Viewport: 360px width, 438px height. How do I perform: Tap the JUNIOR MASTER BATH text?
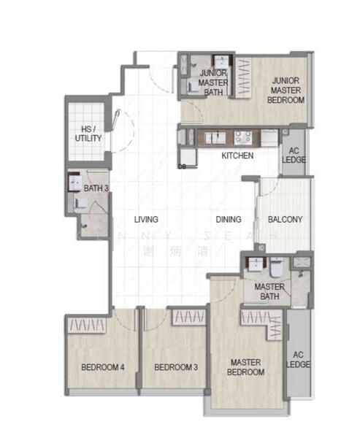coord(213,82)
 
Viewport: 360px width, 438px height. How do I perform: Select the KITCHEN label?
coord(237,155)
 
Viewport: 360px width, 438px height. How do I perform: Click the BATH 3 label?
coord(96,188)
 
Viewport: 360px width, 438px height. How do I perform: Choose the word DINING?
coord(229,219)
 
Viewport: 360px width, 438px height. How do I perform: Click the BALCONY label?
coord(285,219)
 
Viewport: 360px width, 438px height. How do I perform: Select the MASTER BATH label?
coord(269,291)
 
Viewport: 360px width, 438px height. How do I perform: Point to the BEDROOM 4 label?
coord(102,367)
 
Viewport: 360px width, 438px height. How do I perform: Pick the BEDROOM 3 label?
coord(176,367)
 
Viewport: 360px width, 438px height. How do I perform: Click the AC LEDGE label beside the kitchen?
coord(294,154)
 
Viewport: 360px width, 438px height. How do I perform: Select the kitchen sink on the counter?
coord(217,136)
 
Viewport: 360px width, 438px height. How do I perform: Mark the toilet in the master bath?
coord(276,266)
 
